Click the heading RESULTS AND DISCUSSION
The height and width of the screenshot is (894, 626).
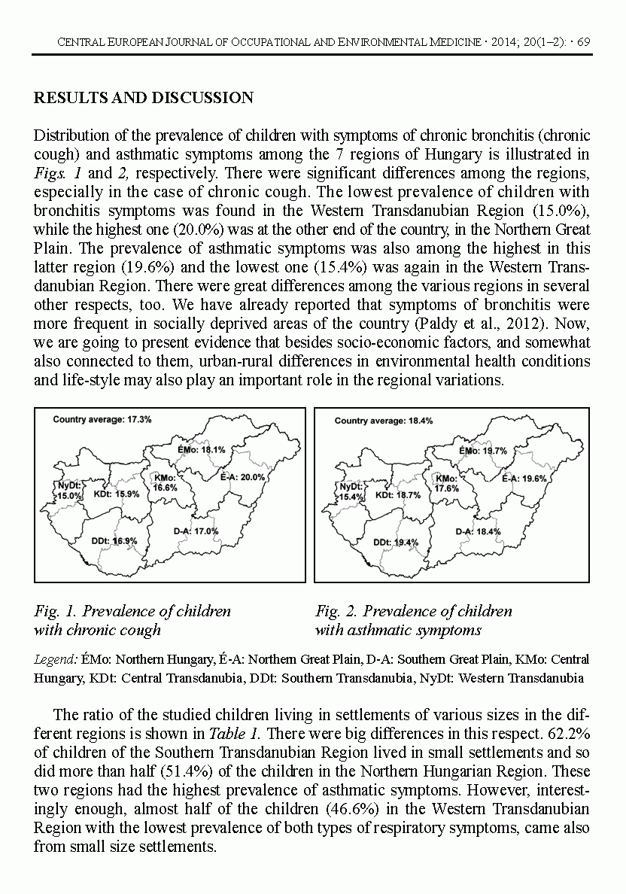144,98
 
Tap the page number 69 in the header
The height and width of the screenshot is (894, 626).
582,41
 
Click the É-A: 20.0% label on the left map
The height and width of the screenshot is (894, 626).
243,477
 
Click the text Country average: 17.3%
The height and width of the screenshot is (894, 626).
102,419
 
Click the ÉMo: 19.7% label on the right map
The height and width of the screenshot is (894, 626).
483,451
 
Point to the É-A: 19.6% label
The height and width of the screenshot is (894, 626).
524,478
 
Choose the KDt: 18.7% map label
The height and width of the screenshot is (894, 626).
398,495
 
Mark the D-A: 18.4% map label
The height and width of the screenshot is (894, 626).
478,531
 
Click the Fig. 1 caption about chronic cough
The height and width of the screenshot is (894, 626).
132,621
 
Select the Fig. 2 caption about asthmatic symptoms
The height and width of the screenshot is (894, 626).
413,621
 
